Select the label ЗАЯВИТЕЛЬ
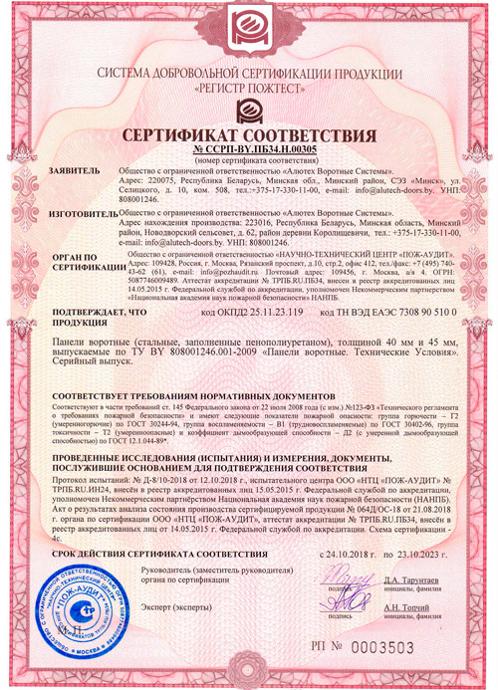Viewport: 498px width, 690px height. click(73, 171)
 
